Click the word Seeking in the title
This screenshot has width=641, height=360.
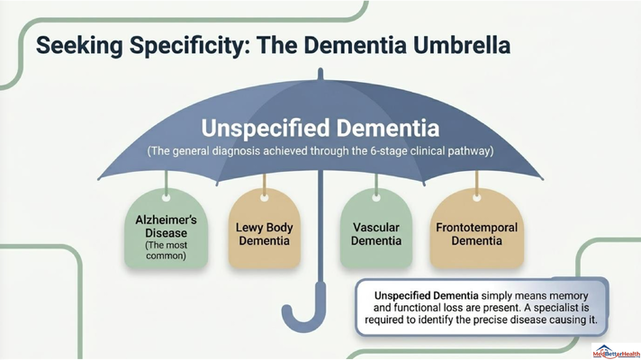pyautogui.click(x=79, y=45)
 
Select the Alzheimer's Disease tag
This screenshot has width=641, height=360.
pyautogui.click(x=166, y=228)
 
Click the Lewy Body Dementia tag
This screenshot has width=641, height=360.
pyautogui.click(x=264, y=228)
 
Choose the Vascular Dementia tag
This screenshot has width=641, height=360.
pyautogui.click(x=376, y=228)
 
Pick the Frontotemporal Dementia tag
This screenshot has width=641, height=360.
pyautogui.click(x=476, y=228)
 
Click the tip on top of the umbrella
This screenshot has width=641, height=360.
pyautogui.click(x=320, y=74)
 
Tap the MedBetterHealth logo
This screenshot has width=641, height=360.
pyautogui.click(x=616, y=351)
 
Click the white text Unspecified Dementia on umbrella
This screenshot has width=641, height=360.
pyautogui.click(x=320, y=128)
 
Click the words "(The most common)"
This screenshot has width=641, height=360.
pyautogui.click(x=167, y=250)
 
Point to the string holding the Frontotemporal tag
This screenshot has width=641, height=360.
pyautogui.click(x=476, y=183)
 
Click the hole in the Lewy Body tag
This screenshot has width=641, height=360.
pyautogui.click(x=264, y=198)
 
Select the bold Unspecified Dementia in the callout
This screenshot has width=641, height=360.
pyautogui.click(x=427, y=295)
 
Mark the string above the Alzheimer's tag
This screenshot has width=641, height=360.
pyautogui.click(x=166, y=183)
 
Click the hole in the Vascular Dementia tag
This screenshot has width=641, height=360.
pyautogui.click(x=376, y=198)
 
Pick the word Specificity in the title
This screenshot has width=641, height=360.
pyautogui.click(x=187, y=45)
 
